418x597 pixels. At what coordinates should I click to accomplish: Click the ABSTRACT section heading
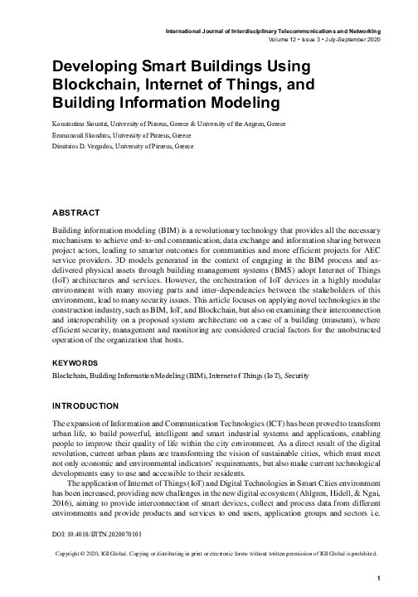(76, 213)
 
